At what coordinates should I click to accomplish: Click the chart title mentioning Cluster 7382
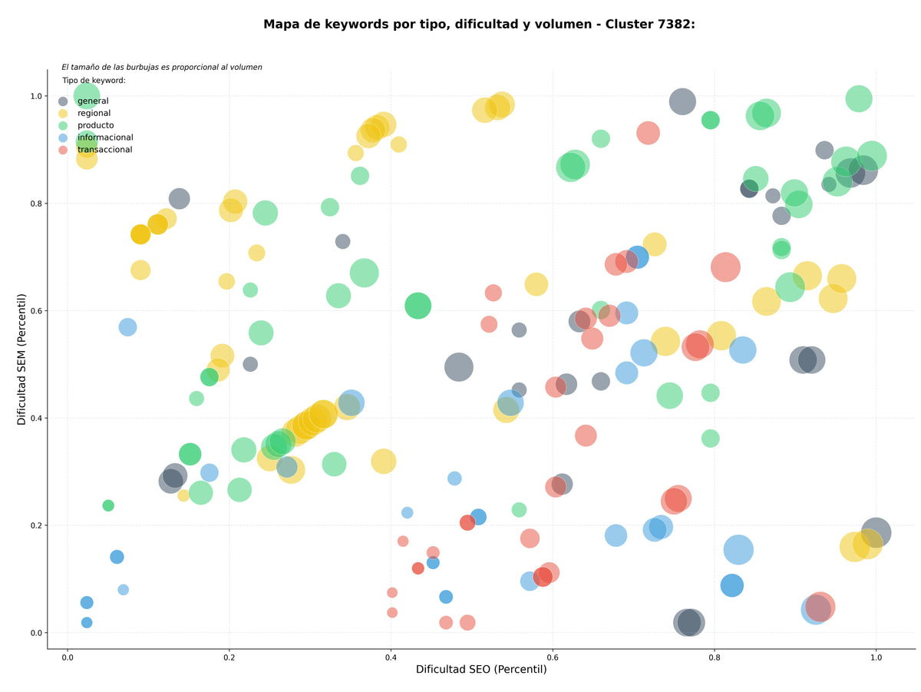[x=479, y=25]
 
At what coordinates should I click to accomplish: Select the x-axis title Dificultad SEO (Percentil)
[x=481, y=669]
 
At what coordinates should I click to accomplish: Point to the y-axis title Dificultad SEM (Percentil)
[x=21, y=359]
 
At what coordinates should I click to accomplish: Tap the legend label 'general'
[x=93, y=101]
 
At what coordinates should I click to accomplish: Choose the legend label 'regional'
[x=94, y=113]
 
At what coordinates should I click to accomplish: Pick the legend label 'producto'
[x=96, y=125]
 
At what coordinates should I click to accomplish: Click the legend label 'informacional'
[x=105, y=137]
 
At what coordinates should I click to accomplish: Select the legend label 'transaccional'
[x=105, y=150]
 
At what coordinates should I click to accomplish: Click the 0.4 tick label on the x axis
[x=391, y=657]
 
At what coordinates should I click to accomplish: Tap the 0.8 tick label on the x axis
[x=714, y=657]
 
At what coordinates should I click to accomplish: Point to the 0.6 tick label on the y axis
[x=36, y=311]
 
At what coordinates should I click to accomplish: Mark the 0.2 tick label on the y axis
[x=36, y=525]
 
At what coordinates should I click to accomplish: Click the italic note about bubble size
[x=161, y=67]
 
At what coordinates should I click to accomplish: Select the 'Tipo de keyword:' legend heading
[x=94, y=80]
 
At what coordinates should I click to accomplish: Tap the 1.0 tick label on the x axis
[x=876, y=657]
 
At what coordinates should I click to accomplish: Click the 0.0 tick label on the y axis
[x=36, y=633]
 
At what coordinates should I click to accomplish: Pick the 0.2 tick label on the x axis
[x=229, y=657]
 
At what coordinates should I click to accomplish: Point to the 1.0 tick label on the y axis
[x=36, y=96]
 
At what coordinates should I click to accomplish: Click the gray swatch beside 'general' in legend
[x=63, y=101]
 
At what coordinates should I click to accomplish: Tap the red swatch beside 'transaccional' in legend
[x=63, y=150]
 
